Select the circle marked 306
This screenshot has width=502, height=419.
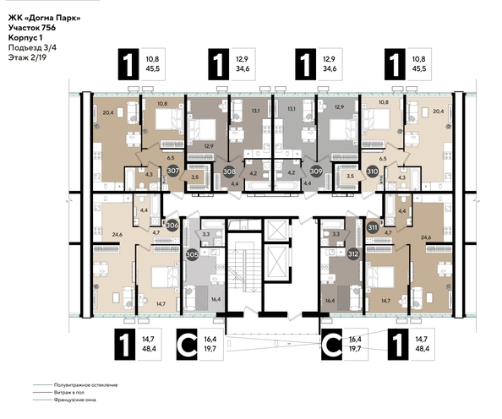point(172,226)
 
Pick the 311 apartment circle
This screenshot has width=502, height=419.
point(373,226)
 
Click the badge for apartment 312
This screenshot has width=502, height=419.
point(352,253)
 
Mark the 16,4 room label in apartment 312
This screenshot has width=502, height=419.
point(329,300)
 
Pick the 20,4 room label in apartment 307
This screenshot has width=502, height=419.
point(107,111)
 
